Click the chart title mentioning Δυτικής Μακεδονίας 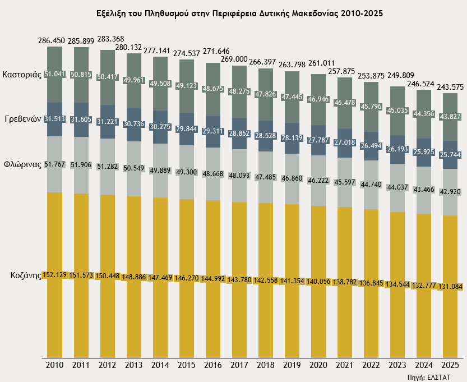[x=233, y=12]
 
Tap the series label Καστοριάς [x=22, y=74]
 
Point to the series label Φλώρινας [x=23, y=165]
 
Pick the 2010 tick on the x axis [x=54, y=365]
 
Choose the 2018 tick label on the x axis [x=266, y=365]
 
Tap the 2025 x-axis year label [x=451, y=365]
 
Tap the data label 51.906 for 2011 [x=81, y=164]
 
